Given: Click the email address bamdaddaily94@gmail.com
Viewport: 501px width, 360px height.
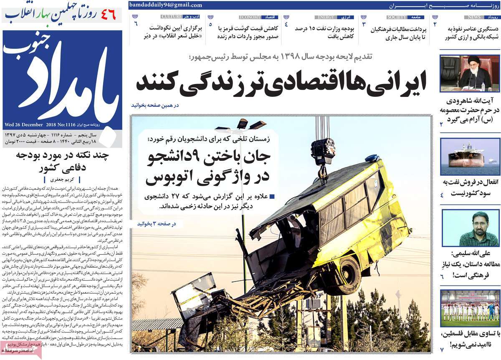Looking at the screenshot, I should (x=166, y=5).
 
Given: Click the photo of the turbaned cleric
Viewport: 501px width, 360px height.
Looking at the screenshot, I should (x=470, y=73).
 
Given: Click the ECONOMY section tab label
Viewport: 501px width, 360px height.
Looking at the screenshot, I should (x=250, y=17).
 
